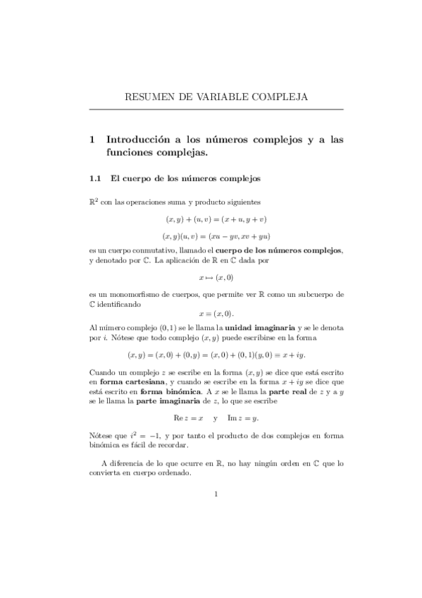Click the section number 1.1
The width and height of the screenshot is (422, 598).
(97, 179)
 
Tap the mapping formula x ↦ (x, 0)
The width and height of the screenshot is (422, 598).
(216, 278)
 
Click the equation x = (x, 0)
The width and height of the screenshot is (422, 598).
(216, 313)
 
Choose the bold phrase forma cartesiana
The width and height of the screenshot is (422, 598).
(131, 382)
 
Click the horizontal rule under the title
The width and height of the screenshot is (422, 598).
(216, 110)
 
